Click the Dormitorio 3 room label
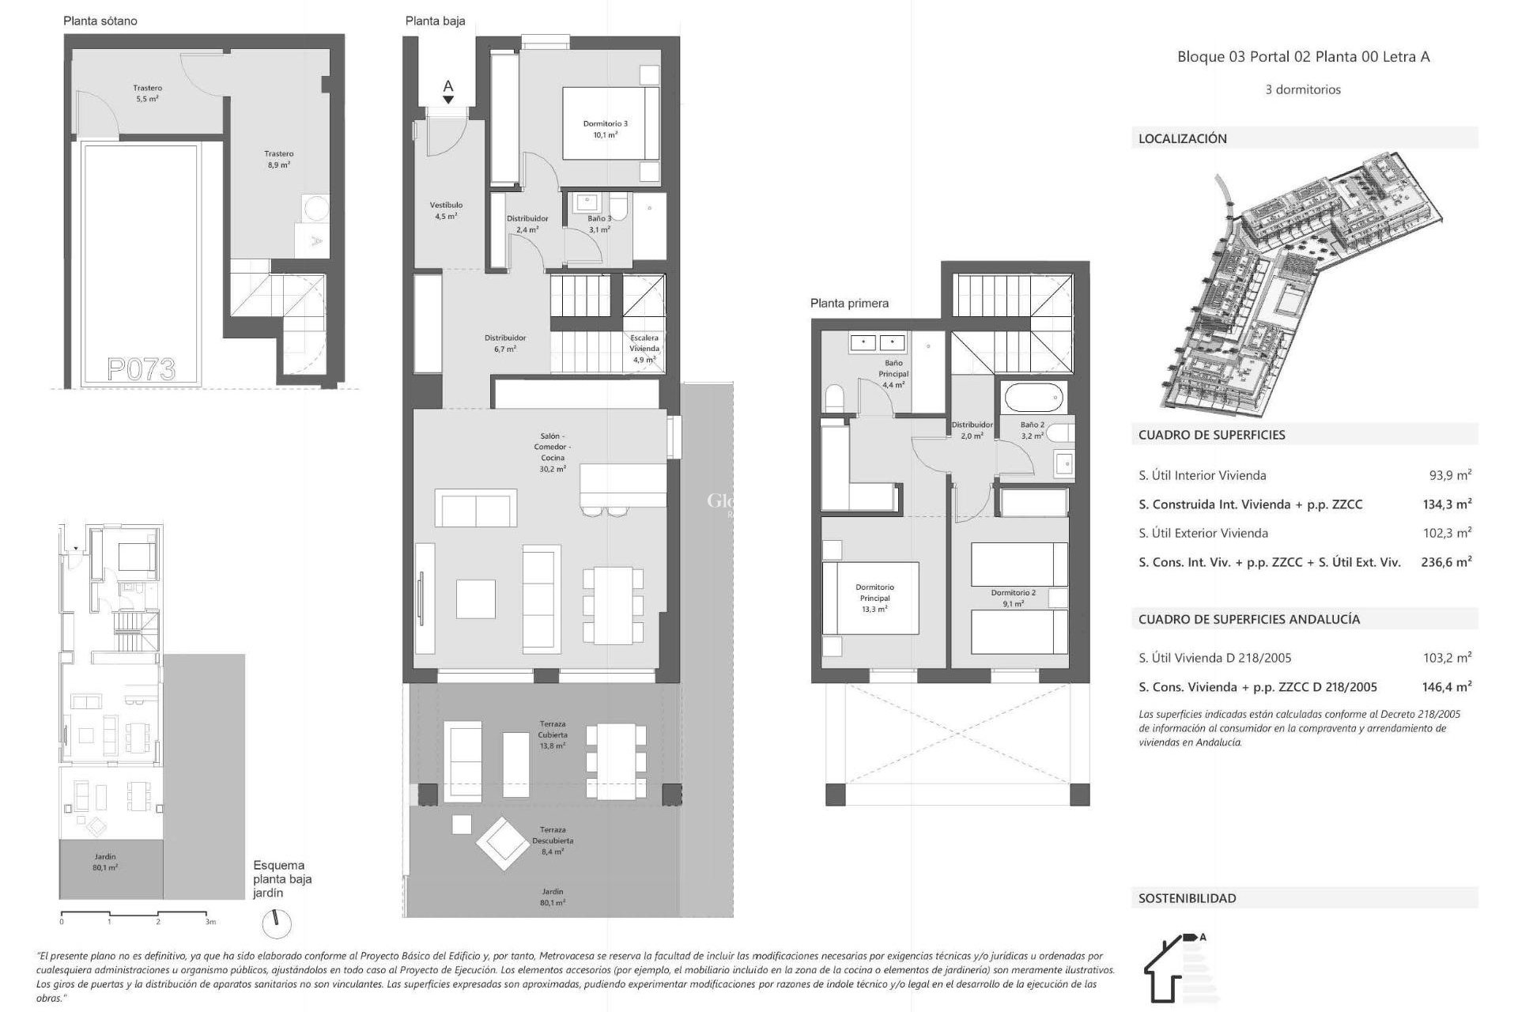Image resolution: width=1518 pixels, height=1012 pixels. pyautogui.click(x=605, y=129)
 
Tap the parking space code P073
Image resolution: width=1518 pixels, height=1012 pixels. pyautogui.click(x=141, y=368)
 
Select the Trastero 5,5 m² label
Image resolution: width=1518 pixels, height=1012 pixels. pyautogui.click(x=147, y=93)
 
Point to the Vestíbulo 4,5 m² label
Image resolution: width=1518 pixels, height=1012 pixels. pyautogui.click(x=446, y=210)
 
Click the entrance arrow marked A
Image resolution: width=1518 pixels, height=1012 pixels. pyautogui.click(x=448, y=92)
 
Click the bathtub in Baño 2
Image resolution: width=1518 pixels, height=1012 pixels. pyautogui.click(x=1033, y=398)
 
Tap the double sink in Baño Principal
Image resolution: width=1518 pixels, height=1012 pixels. pyautogui.click(x=878, y=343)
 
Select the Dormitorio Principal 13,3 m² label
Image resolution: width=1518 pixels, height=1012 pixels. pyautogui.click(x=874, y=598)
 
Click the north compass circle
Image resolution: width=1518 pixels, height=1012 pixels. pyautogui.click(x=276, y=923)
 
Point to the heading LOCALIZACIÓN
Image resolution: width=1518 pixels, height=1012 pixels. pyautogui.click(x=1182, y=138)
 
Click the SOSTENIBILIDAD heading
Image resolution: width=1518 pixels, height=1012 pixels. pyautogui.click(x=1187, y=898)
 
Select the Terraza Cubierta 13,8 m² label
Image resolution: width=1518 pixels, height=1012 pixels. pyautogui.click(x=553, y=734)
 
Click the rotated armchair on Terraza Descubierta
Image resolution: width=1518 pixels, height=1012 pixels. pyautogui.click(x=502, y=844)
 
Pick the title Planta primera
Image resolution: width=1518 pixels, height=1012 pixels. pyautogui.click(x=848, y=303)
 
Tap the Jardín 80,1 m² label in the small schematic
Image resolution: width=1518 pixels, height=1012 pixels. pyautogui.click(x=105, y=862)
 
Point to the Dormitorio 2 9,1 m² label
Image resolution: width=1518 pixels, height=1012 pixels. pyautogui.click(x=1013, y=598)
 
